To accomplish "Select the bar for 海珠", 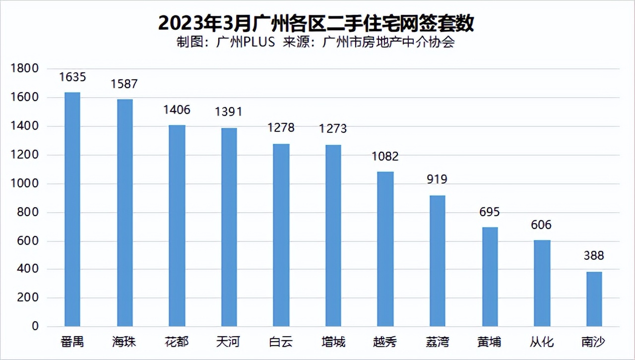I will [x=125, y=213].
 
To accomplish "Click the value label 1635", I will [x=72, y=77].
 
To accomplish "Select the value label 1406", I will [x=177, y=110].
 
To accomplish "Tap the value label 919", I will [x=437, y=180].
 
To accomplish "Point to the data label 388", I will [x=594, y=256].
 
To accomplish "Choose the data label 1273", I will [x=333, y=129].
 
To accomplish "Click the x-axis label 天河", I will [x=229, y=342].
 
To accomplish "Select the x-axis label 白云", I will [x=281, y=342].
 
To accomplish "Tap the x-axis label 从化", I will [x=542, y=342].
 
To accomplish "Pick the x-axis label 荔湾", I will [x=437, y=342].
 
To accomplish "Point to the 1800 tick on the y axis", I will [x=24, y=69].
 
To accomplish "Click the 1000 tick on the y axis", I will [x=24, y=184].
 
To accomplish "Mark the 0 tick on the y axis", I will [x=35, y=327].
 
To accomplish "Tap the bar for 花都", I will [x=177, y=226].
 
